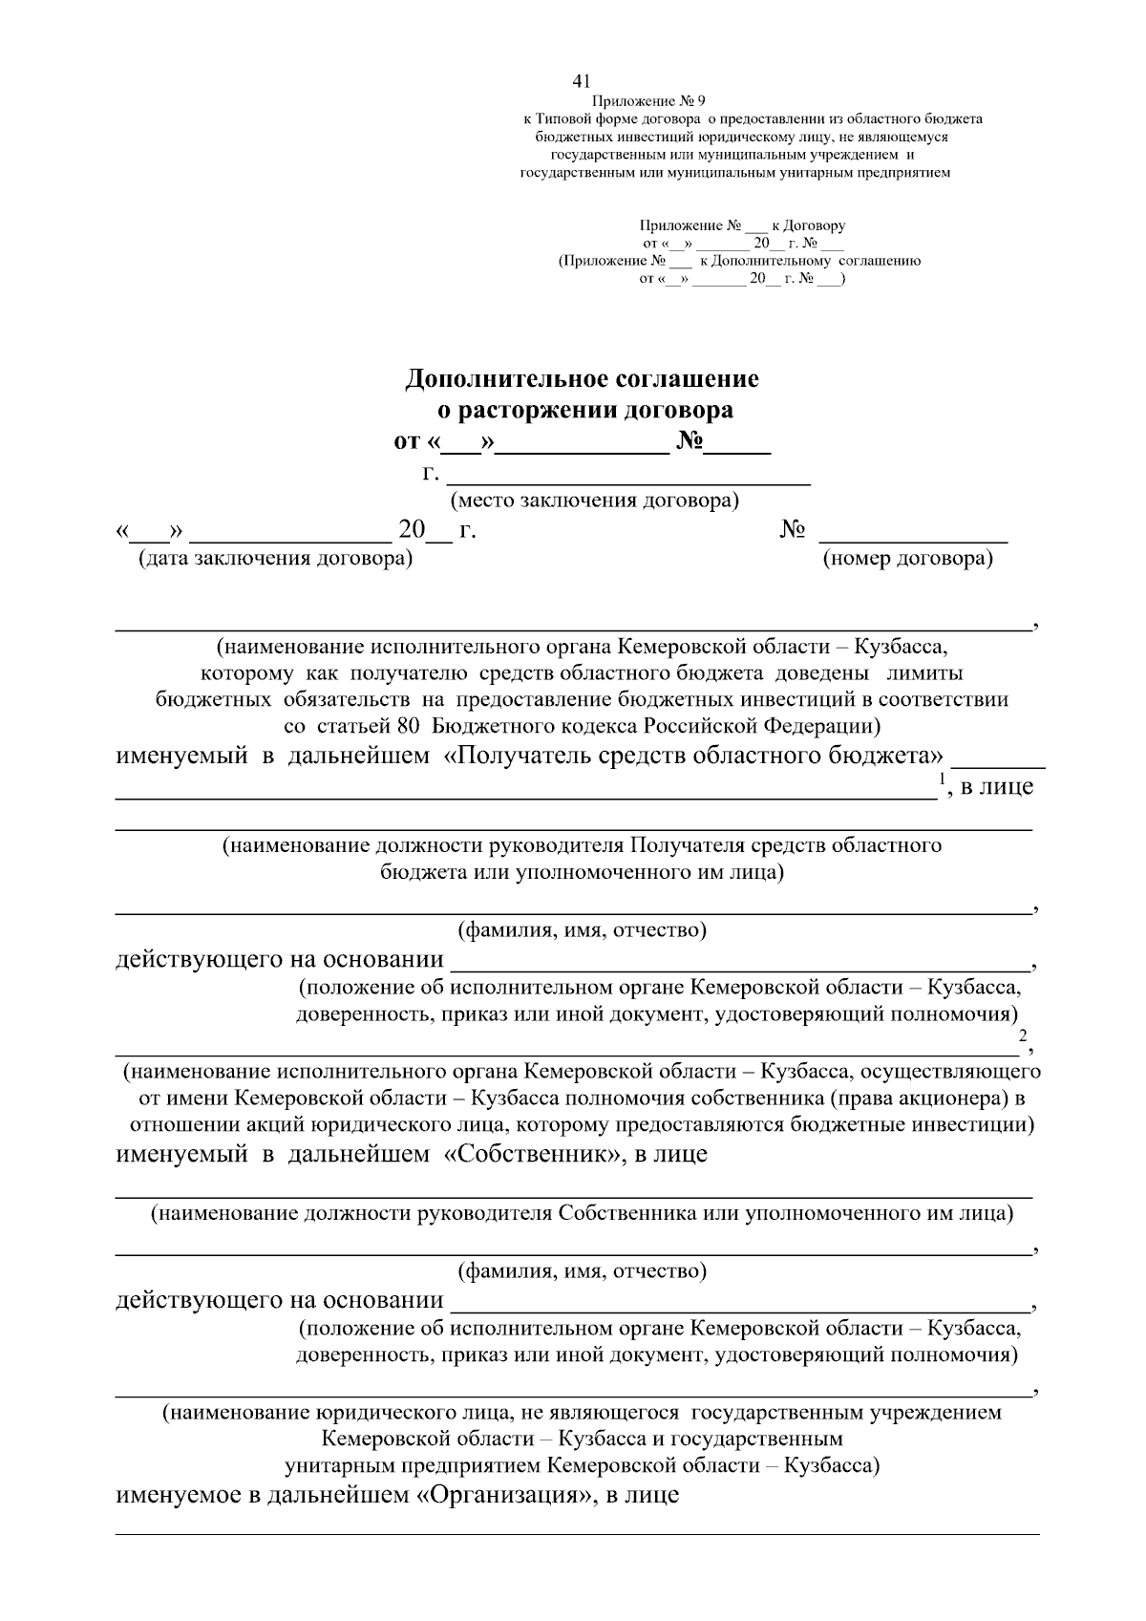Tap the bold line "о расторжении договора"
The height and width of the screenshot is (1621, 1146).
pyautogui.click(x=584, y=411)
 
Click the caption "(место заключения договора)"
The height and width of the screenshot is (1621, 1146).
pyautogui.click(x=595, y=500)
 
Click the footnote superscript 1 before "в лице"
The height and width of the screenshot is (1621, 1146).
pyautogui.click(x=942, y=779)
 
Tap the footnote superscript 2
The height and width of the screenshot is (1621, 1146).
pyautogui.click(x=1022, y=1036)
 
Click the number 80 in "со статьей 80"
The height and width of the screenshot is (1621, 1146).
pyautogui.click(x=408, y=725)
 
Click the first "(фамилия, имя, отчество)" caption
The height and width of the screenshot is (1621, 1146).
pyautogui.click(x=583, y=929)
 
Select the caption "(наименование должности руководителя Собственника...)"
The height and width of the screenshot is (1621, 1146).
pyautogui.click(x=583, y=1214)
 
